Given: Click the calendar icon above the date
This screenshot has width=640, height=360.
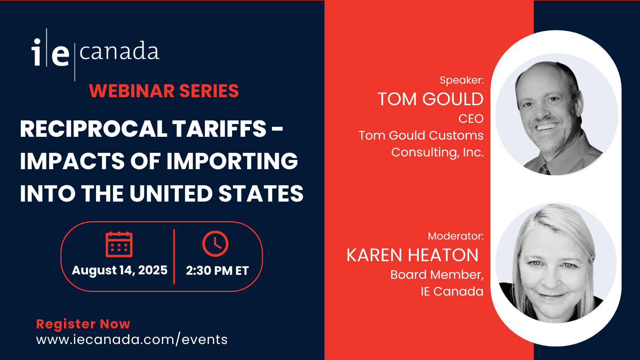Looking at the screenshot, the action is pos(119,244).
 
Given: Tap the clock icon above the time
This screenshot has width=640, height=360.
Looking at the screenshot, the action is pos(216,244).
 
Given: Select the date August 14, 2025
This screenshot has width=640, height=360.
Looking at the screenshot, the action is pos(120,270).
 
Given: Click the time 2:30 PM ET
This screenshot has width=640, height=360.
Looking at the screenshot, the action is pos(218,270).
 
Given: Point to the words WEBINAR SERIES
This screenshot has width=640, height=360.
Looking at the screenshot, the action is pos(164,91).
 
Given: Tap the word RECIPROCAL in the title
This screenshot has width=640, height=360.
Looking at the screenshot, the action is pos(94,129).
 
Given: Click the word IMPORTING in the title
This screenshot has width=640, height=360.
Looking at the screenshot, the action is pos(232,161).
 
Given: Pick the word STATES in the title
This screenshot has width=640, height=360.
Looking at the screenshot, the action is pos(261,194).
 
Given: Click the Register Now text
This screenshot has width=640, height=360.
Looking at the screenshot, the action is pos(83,324).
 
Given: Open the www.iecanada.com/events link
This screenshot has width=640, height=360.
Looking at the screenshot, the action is pos(132,340).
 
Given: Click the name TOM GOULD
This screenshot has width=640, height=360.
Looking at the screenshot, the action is pos(430,99).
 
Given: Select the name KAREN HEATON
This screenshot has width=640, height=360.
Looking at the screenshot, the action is pos(412,255).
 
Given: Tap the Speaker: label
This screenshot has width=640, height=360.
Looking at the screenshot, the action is pos(462,80).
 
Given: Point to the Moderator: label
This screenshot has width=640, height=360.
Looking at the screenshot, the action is pos(456,236).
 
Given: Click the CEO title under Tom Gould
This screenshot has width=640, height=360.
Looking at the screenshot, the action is pos(471,118).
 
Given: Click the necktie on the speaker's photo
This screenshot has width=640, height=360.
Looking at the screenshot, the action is pos(544,170).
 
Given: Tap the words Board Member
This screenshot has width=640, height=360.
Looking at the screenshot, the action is pos(437,274).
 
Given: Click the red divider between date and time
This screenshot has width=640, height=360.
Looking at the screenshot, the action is pos(174,256).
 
